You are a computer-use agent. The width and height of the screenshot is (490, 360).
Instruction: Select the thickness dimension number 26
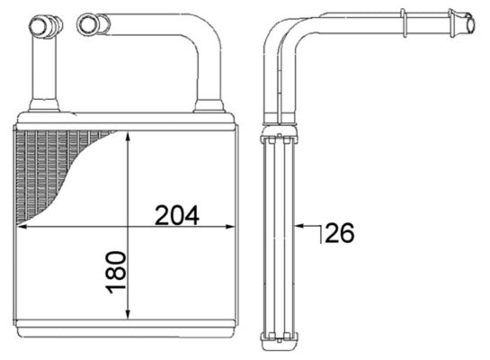pos(339,233)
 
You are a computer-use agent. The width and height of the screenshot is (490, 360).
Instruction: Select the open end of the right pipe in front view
pos(87,23)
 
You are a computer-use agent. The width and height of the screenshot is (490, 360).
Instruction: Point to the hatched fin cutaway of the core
pos(54,166)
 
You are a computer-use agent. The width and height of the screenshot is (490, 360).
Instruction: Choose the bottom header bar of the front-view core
pos(127,326)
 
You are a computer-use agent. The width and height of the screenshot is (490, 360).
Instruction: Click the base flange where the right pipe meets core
pos(209,106)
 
